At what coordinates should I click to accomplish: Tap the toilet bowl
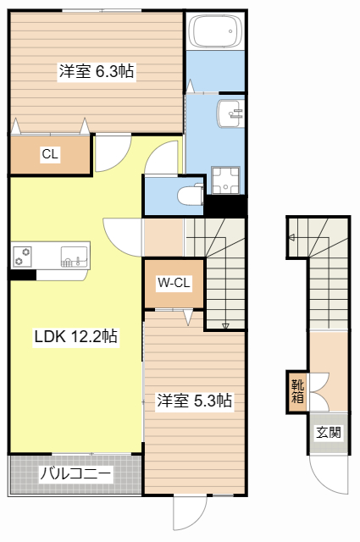tap(191, 196)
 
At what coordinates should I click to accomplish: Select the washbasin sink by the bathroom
tap(230, 113)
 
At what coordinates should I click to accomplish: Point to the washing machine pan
tap(226, 180)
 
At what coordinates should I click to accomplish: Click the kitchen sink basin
tap(74, 256)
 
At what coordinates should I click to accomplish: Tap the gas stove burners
tap(23, 257)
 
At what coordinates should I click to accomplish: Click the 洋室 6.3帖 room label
tap(97, 71)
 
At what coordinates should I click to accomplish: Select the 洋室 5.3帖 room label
tap(194, 401)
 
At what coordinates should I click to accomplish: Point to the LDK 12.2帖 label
tap(75, 336)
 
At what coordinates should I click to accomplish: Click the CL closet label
tap(50, 154)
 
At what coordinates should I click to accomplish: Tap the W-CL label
tap(174, 283)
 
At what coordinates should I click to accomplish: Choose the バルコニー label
tap(76, 473)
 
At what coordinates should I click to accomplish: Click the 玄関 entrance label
tap(329, 432)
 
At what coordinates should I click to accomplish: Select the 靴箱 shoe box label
tap(297, 391)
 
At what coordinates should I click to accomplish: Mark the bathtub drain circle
tap(230, 31)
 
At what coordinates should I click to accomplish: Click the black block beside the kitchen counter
tap(23, 275)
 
